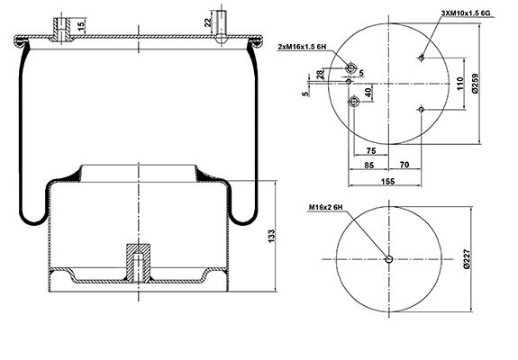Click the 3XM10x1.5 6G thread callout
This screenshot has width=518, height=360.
tap(466, 13)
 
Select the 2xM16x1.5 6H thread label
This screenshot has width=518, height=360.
tap(303, 47)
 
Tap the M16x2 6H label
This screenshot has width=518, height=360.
tap(326, 207)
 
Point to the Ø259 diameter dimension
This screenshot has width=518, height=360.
tap(476, 83)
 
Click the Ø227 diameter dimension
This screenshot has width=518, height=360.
tap(466, 259)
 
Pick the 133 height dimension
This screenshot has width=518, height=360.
tap(271, 237)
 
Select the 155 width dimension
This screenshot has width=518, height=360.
tap(387, 182)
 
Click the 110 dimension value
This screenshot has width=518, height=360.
tap(460, 84)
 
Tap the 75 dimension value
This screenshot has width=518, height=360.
tap(371, 151)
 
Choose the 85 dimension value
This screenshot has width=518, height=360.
tap(368, 165)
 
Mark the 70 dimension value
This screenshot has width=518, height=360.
tap(404, 165)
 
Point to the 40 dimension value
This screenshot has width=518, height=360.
tap(368, 92)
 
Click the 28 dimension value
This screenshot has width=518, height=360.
tap(321, 75)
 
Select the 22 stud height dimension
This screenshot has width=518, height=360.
tap(207, 22)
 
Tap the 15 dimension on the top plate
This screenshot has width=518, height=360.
tap(81, 25)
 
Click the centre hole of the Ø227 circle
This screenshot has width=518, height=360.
tap(389, 259)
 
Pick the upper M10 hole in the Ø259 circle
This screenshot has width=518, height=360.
tap(421, 58)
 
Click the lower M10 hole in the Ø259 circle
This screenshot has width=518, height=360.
tap(422, 109)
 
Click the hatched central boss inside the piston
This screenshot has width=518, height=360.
tap(139, 263)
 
